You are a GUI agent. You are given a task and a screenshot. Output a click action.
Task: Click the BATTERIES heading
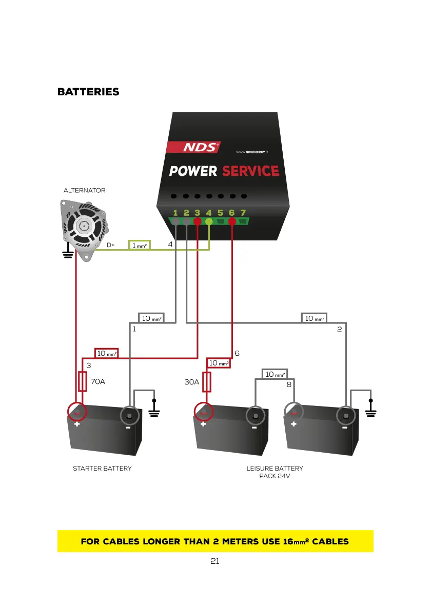pyautogui.click(x=88, y=92)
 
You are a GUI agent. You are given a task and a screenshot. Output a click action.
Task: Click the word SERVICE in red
pyautogui.click(x=250, y=171)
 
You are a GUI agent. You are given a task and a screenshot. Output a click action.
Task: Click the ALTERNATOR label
pyautogui.click(x=84, y=190)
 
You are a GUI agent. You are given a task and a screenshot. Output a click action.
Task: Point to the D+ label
pyautogui.click(x=110, y=246)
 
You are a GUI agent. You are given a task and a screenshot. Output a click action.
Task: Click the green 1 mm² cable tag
pyautogui.click(x=140, y=246)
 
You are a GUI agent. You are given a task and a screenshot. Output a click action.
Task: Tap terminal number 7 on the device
pyautogui.click(x=243, y=213)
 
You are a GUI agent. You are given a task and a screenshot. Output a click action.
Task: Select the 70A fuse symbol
pyautogui.click(x=82, y=382)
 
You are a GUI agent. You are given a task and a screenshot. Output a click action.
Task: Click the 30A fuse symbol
pyautogui.click(x=207, y=382)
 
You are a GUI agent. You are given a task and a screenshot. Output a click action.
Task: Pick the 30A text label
pyautogui.click(x=192, y=382)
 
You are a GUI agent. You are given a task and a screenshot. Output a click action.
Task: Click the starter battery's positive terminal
pyautogui.click(x=77, y=412)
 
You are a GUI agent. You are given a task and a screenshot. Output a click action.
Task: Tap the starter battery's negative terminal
pyautogui.click(x=130, y=415)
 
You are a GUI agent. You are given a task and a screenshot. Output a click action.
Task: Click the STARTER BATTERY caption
pyautogui.click(x=102, y=469)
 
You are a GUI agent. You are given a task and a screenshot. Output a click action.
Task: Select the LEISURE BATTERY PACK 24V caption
pyautogui.click(x=275, y=472)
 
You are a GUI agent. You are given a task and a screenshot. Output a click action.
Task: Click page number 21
pyautogui.click(x=215, y=561)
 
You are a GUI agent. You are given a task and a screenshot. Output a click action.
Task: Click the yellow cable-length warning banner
pyautogui.click(x=215, y=541)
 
